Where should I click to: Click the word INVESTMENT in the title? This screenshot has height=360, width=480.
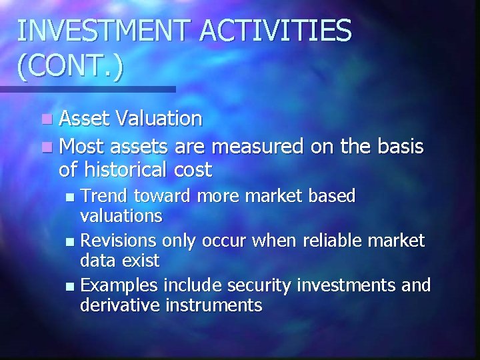[99, 31]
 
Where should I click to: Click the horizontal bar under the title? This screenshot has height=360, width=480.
[87, 89]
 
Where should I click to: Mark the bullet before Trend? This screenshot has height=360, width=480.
[73, 197]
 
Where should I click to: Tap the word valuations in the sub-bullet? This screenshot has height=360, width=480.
[121, 216]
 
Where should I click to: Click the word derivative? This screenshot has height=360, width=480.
[121, 305]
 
